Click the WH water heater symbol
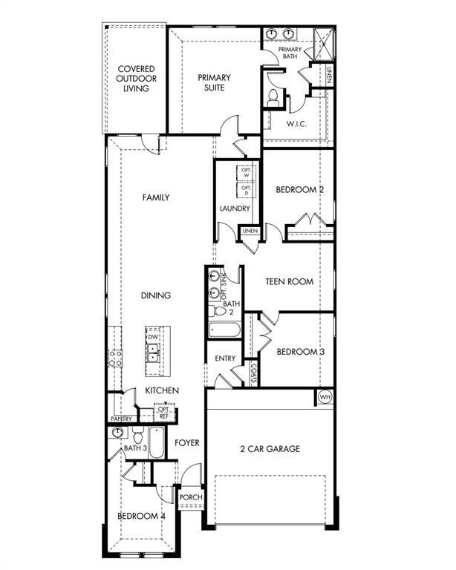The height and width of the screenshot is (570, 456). click(x=325, y=396)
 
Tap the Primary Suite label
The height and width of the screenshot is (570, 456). click(x=214, y=82)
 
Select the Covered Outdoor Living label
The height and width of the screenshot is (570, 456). click(x=135, y=79)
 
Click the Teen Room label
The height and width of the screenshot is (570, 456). click(x=290, y=281)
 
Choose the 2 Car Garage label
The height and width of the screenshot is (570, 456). click(x=270, y=448)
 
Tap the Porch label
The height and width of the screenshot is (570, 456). click(x=186, y=497)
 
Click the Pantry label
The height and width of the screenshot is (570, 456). click(x=121, y=419)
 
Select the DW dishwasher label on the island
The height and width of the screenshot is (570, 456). click(x=153, y=338)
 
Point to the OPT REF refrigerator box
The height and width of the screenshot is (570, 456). click(x=163, y=413)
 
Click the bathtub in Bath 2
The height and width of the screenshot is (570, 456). click(x=223, y=329)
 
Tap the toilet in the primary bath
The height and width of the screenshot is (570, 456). click(x=272, y=96)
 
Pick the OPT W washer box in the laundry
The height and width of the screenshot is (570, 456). click(x=246, y=172)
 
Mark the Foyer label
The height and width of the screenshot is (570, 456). click(x=187, y=443)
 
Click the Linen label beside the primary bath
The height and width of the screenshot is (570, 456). click(x=329, y=75)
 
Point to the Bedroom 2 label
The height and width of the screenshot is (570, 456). click(x=300, y=190)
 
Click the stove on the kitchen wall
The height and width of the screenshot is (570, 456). click(x=116, y=358)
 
